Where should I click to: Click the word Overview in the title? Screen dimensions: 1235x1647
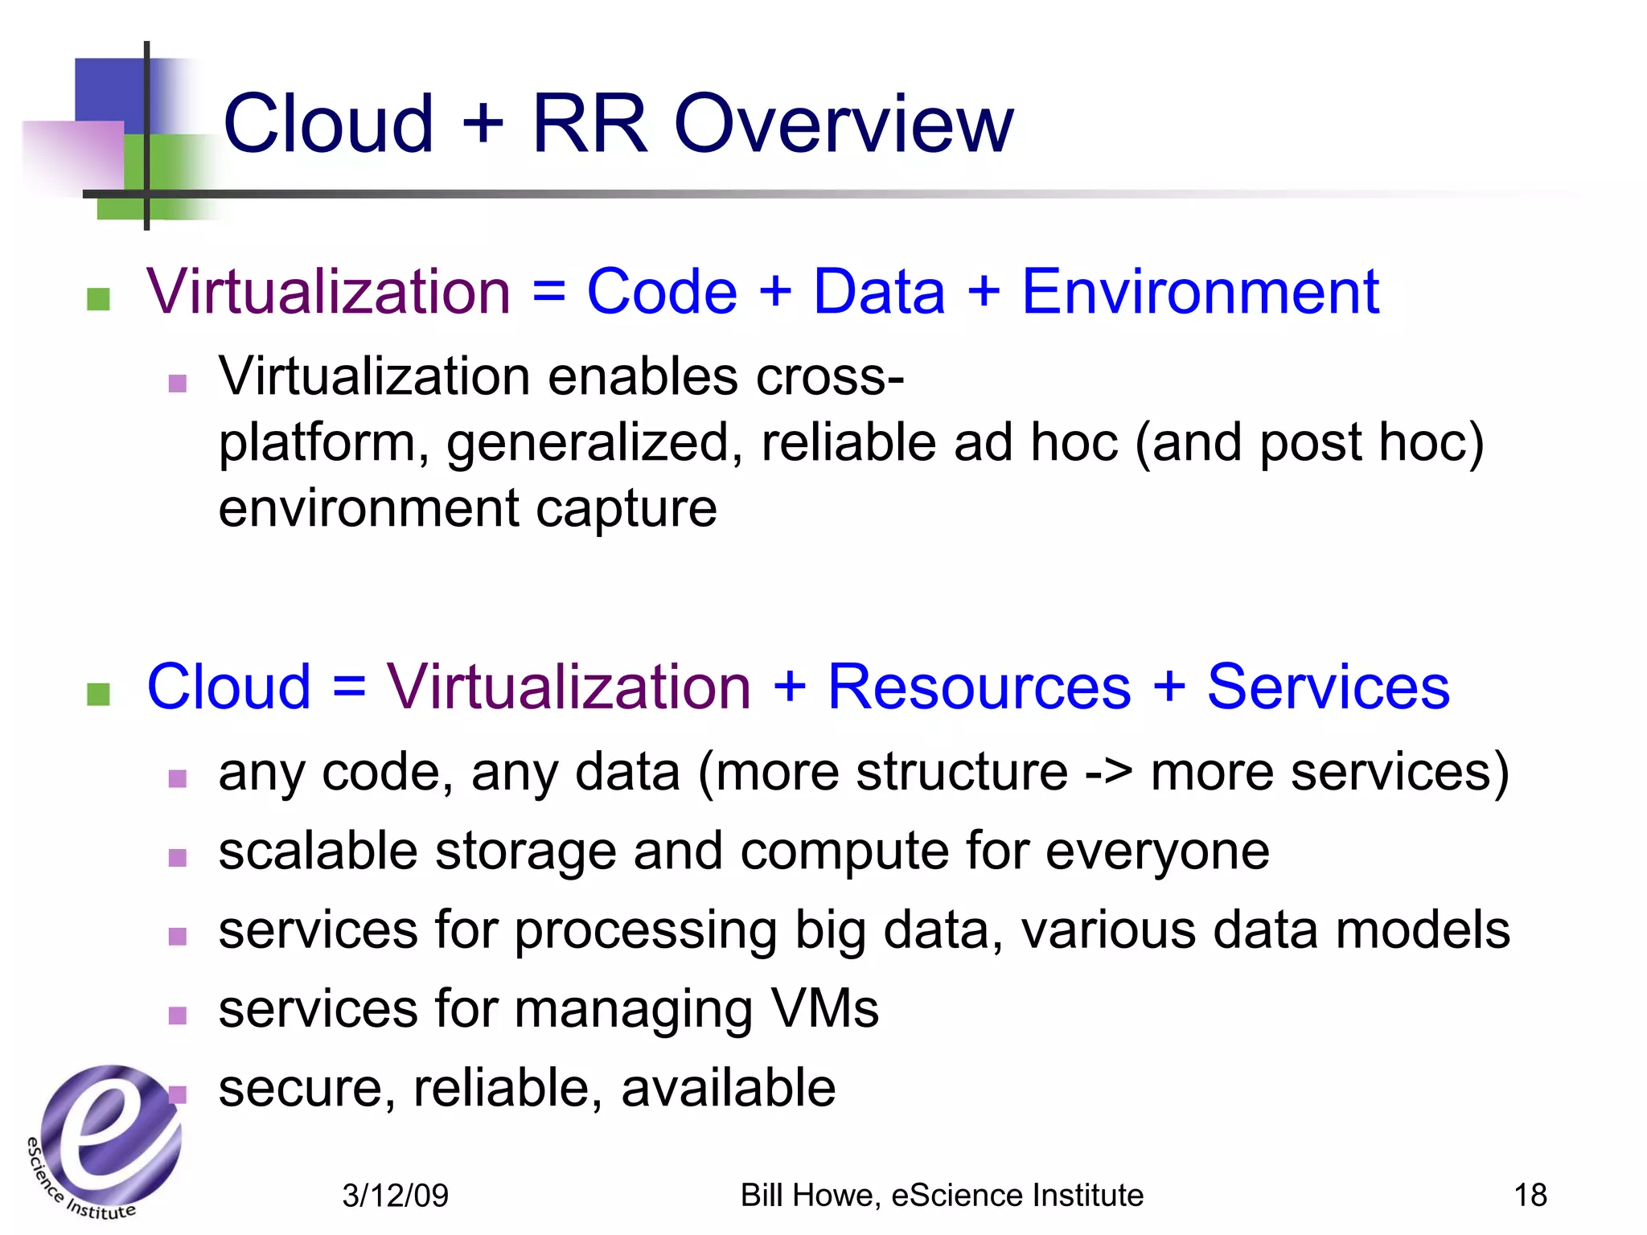(844, 124)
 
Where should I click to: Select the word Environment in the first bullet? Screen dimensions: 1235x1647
(1200, 291)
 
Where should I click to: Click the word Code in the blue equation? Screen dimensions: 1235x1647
(661, 291)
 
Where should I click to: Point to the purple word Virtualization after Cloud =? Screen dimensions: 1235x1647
(569, 687)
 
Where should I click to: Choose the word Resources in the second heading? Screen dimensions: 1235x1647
(979, 687)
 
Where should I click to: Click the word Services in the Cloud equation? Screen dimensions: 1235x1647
(1328, 687)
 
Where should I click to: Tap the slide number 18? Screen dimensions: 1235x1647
(1530, 1195)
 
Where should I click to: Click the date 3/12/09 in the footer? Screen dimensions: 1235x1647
(395, 1196)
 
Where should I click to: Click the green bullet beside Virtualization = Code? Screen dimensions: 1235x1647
(98, 299)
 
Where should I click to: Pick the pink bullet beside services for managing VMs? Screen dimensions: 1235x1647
(178, 1015)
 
